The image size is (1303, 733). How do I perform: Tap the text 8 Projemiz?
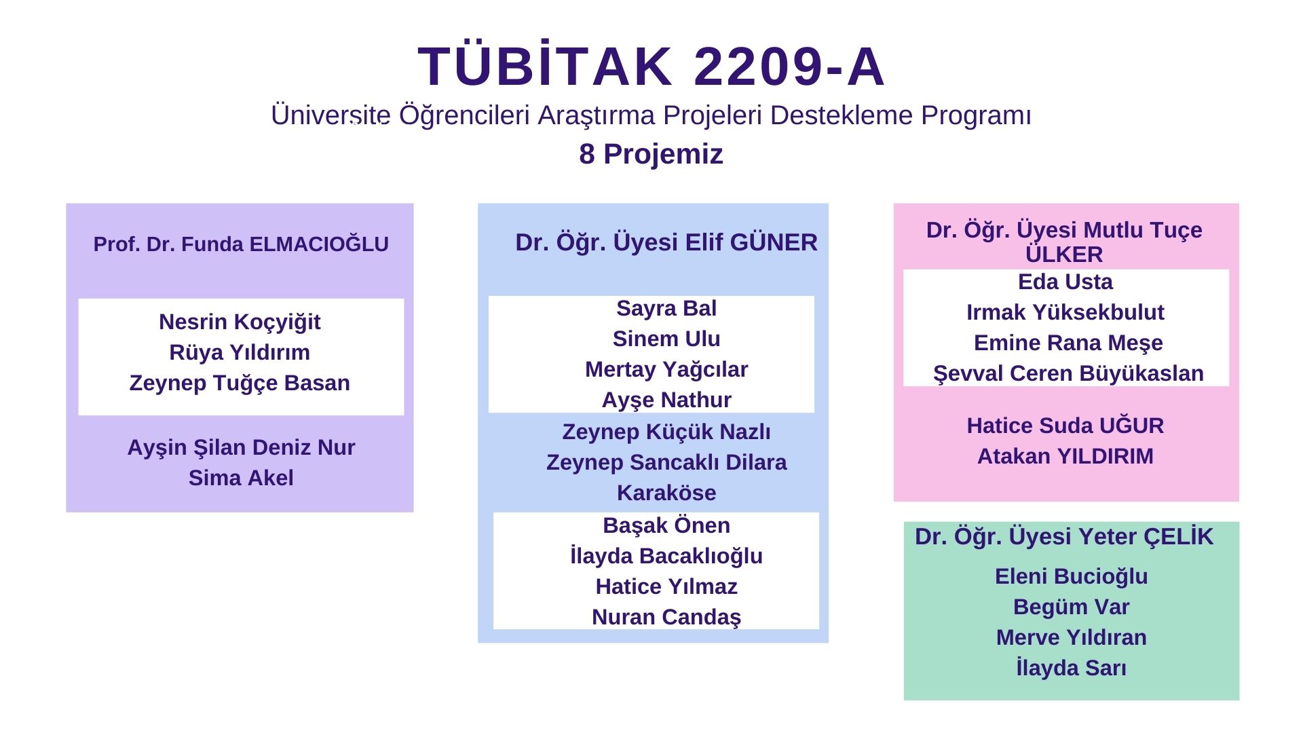point(651,155)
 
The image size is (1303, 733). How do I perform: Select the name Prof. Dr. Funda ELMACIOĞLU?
point(241,244)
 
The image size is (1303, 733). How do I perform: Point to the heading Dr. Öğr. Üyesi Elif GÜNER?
point(666,242)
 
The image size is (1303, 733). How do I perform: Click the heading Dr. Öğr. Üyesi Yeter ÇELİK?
point(1063,537)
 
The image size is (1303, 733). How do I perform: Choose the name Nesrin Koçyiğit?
point(240,322)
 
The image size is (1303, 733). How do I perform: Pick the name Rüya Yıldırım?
point(240,352)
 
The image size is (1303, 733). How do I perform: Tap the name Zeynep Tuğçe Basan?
point(240,383)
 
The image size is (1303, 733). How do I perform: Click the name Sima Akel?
point(241,478)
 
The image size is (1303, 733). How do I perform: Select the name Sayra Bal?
point(666,309)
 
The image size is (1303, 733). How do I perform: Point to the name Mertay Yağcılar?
point(666,370)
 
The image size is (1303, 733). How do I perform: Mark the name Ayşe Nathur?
point(666,400)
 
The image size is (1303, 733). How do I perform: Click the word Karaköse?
point(666,493)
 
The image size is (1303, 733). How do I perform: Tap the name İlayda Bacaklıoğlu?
point(666,557)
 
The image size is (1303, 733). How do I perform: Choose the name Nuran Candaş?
point(666,618)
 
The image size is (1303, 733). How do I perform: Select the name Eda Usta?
point(1065,282)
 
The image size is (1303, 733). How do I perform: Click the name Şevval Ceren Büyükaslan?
point(1068,374)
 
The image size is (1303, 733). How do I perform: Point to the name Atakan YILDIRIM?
point(1065,456)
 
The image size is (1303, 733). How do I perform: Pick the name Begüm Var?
point(1071,607)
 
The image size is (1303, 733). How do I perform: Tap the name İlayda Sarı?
point(1071,668)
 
